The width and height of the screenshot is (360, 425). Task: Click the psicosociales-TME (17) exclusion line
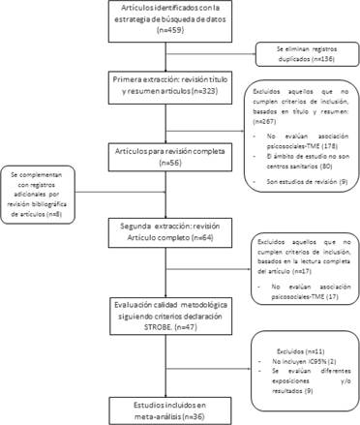click(302, 289)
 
